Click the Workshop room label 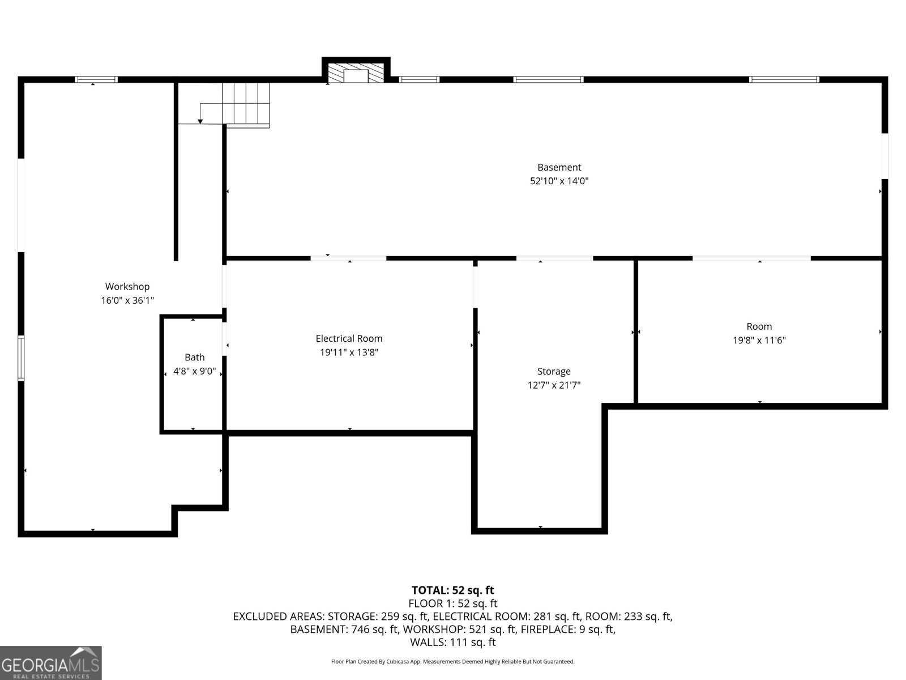127,287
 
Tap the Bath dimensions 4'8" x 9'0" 194,372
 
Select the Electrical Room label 349,338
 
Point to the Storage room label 554,371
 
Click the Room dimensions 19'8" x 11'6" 759,341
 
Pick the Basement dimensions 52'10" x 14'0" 559,181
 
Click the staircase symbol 245,103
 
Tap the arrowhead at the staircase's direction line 200,121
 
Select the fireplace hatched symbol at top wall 356,73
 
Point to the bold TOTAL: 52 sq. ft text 452,590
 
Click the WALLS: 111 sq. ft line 452,642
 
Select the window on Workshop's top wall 96,79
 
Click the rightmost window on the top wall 784,79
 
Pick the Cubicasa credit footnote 452,661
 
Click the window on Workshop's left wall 21,358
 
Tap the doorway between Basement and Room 751,258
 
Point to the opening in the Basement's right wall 884,156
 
